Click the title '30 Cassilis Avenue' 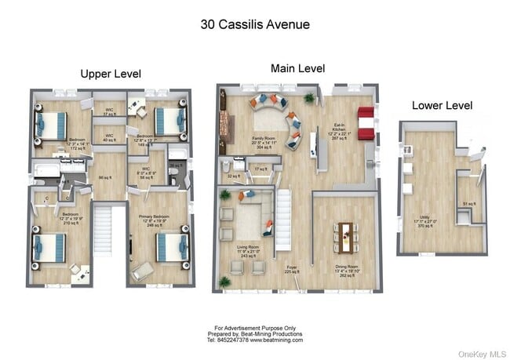point(255,24)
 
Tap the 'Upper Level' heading point(111,74)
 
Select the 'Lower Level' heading point(442,105)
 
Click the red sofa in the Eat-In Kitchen point(366,123)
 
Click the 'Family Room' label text point(263,137)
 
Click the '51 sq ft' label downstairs point(468,204)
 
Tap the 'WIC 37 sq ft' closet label point(110,112)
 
